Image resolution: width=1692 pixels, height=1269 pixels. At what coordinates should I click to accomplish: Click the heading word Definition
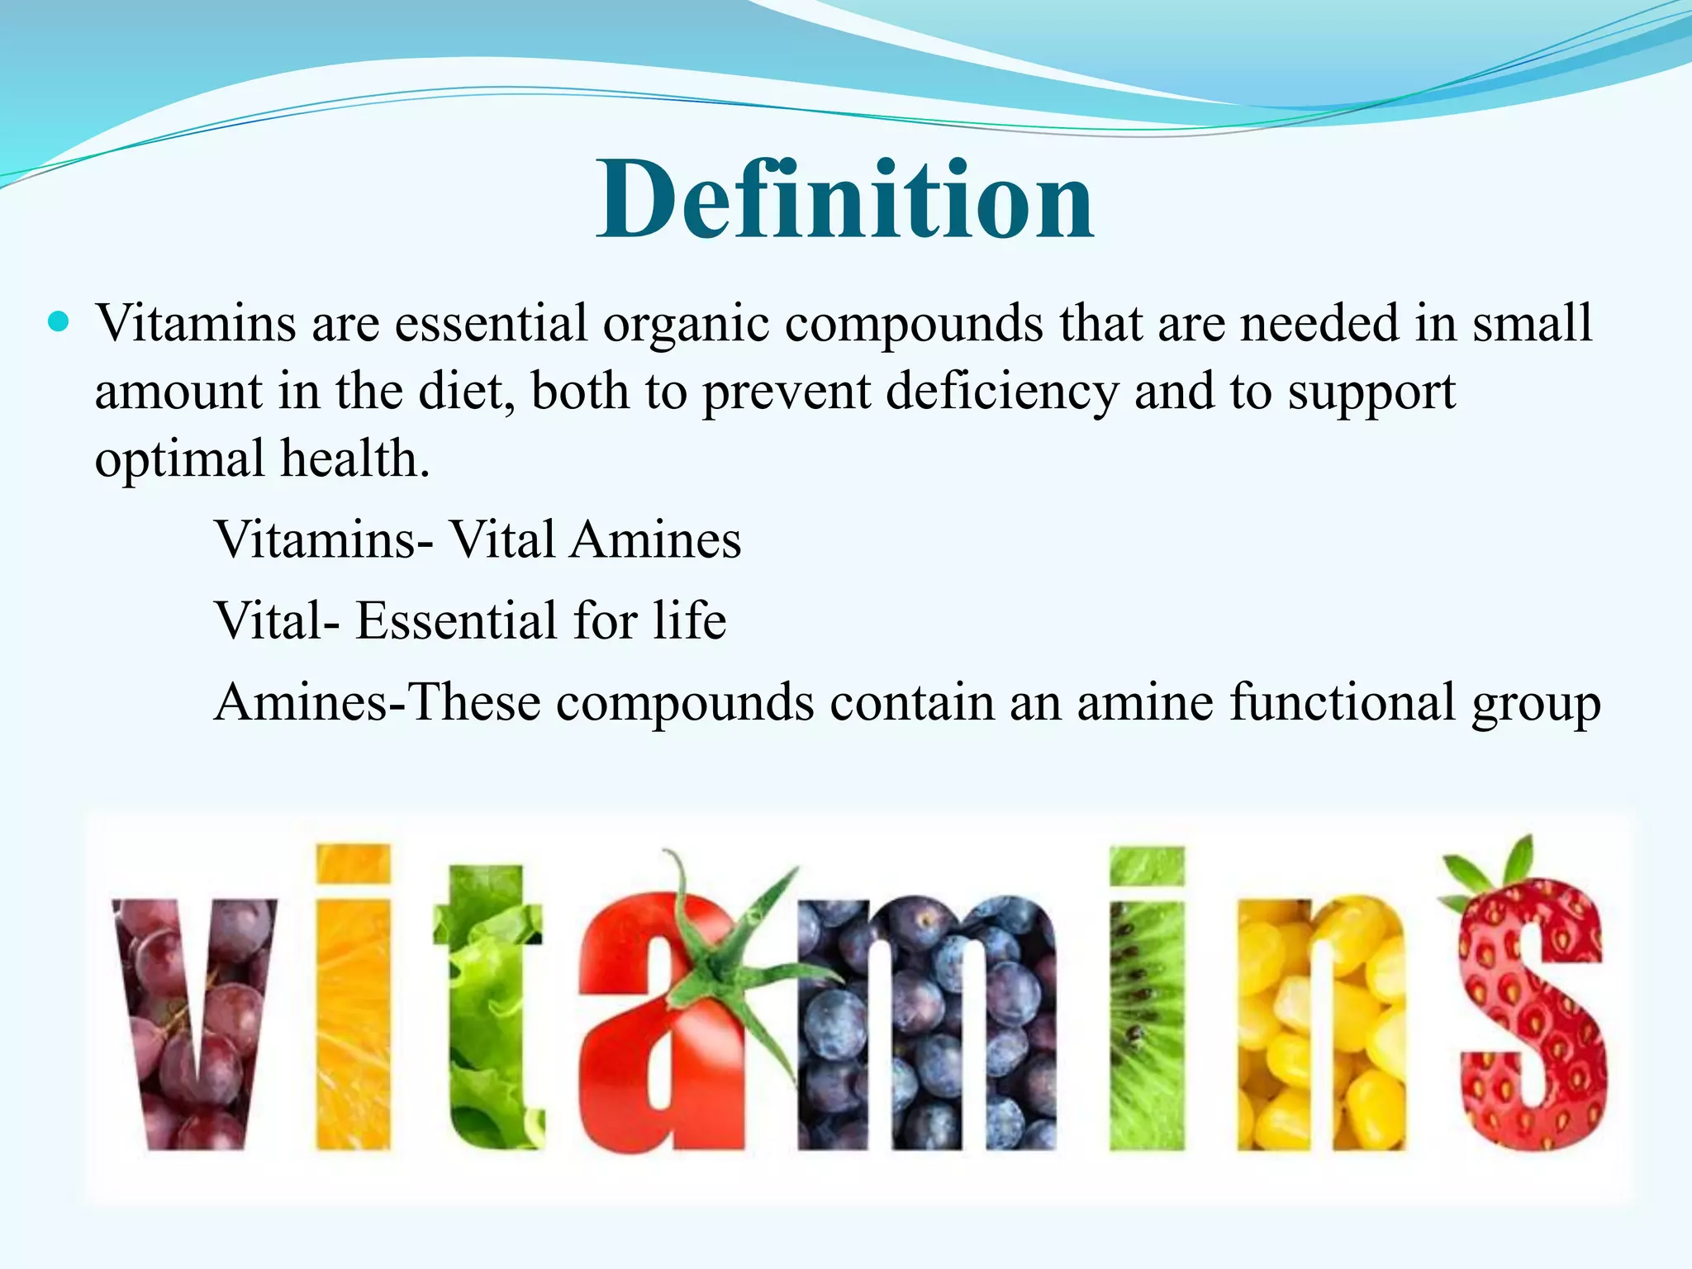[x=845, y=201]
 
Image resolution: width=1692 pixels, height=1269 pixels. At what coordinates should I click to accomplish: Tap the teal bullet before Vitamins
[x=59, y=321]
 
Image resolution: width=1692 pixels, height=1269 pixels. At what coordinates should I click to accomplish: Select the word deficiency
[x=1002, y=392]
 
